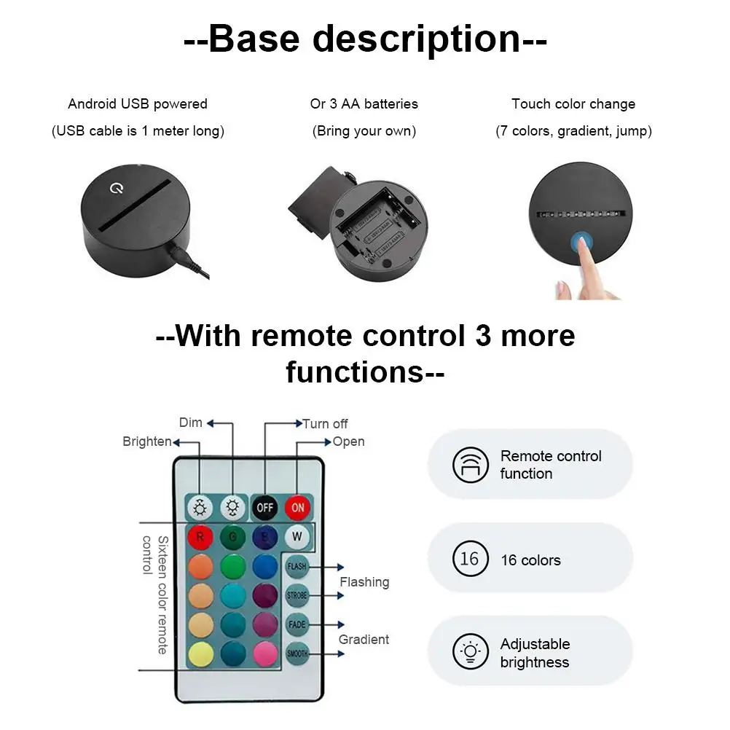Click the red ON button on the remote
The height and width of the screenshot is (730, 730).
tap(297, 507)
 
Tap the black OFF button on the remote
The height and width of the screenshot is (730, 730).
tap(264, 507)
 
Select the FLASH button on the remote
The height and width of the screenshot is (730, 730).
tap(297, 566)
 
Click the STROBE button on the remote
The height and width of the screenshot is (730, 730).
tap(297, 595)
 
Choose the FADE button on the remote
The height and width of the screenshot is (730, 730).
tap(297, 624)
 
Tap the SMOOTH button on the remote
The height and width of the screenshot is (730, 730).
tap(297, 654)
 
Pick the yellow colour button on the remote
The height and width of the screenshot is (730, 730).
tap(200, 654)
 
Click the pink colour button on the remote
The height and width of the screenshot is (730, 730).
tap(264, 654)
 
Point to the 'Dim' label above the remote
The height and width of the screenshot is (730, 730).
tap(190, 423)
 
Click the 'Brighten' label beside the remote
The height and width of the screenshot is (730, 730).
tap(146, 441)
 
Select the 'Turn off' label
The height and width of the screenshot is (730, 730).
tap(325, 423)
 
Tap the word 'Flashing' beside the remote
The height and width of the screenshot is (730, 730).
tap(364, 582)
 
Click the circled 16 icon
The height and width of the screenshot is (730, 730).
tap(470, 559)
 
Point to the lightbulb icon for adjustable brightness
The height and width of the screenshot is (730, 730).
tap(470, 652)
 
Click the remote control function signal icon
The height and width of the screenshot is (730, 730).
tap(470, 464)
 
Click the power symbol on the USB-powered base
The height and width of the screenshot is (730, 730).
tap(115, 189)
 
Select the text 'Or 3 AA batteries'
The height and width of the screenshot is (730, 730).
tap(364, 103)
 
